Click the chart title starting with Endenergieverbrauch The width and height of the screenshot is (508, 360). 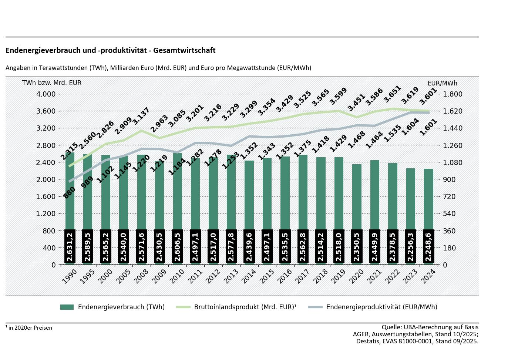tap(110, 50)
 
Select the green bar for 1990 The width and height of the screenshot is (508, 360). tap(70, 192)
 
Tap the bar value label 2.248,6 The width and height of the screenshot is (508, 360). tap(428, 246)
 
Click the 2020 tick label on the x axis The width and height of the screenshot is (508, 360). tap(357, 276)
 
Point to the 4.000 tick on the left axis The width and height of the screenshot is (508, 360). tap(46, 94)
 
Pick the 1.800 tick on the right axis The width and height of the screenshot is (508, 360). tap(453, 94)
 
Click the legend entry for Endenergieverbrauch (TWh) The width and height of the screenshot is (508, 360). tap(112, 307)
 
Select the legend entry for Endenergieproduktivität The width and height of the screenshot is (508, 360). tap(373, 307)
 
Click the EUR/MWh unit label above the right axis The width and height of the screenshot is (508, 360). tap(442, 83)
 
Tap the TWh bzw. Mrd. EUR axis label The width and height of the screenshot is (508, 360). tap(52, 83)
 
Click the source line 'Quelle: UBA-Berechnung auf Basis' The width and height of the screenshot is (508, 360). tap(430, 327)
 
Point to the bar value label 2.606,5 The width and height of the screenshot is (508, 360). tap(178, 246)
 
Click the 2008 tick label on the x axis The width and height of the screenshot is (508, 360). tap(141, 276)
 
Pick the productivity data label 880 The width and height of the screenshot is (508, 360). tap(69, 193)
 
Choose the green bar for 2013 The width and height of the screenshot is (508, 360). tap(231, 192)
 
